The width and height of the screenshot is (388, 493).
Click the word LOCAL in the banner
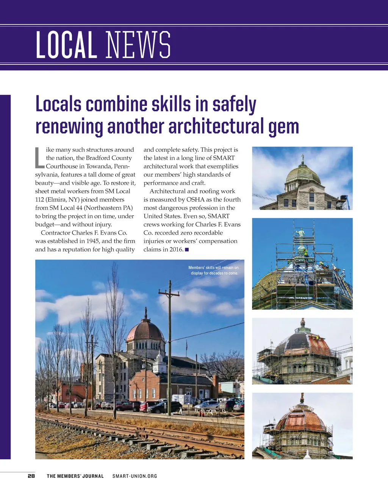[66, 45]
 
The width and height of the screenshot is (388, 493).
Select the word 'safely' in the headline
[234, 104]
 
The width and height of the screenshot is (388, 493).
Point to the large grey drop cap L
[39, 158]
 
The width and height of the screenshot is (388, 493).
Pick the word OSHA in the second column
[195, 199]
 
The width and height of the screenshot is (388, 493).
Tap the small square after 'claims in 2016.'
[187, 250]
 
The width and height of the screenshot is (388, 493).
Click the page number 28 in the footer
[31, 476]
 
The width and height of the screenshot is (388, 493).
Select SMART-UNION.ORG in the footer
[135, 476]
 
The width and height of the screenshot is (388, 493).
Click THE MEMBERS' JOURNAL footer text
[75, 476]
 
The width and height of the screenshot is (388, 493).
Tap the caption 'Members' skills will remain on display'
[214, 270]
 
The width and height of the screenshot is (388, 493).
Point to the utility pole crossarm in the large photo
[169, 294]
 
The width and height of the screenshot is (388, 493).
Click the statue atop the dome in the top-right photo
[302, 158]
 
